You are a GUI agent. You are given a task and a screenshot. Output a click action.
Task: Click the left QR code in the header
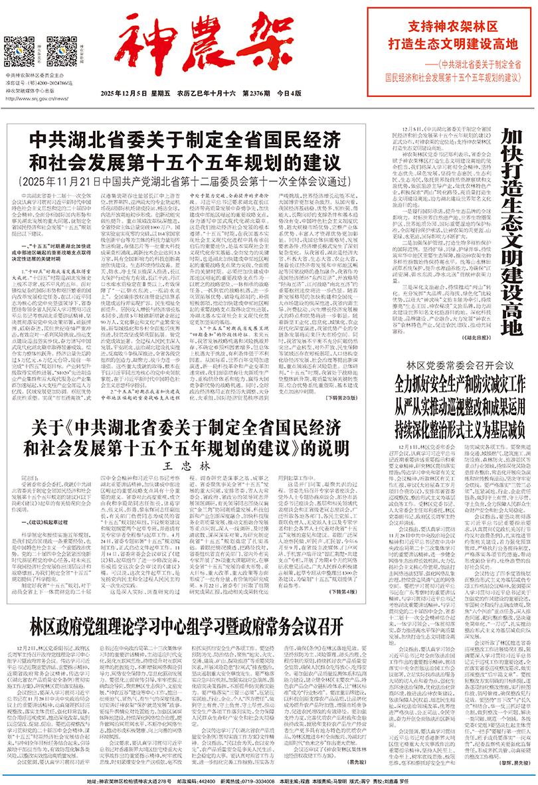pyautogui.click(x=19, y=51)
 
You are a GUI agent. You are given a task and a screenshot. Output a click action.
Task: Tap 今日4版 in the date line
pyautogui.click(x=290, y=94)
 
